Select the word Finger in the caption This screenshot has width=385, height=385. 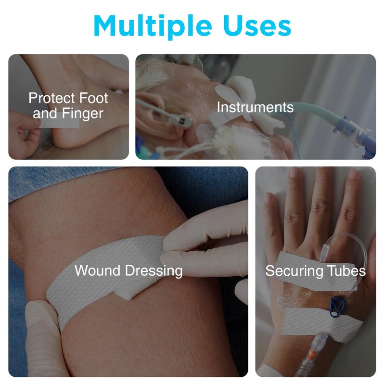coord(82,114)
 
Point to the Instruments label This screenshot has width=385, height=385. coord(255,107)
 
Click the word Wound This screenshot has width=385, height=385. coord(97,270)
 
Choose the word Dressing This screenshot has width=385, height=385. coord(154,271)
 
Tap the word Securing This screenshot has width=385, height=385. coord(294,271)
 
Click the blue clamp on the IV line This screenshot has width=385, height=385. coord(337,307)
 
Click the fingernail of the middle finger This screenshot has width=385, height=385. coord(321,173)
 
